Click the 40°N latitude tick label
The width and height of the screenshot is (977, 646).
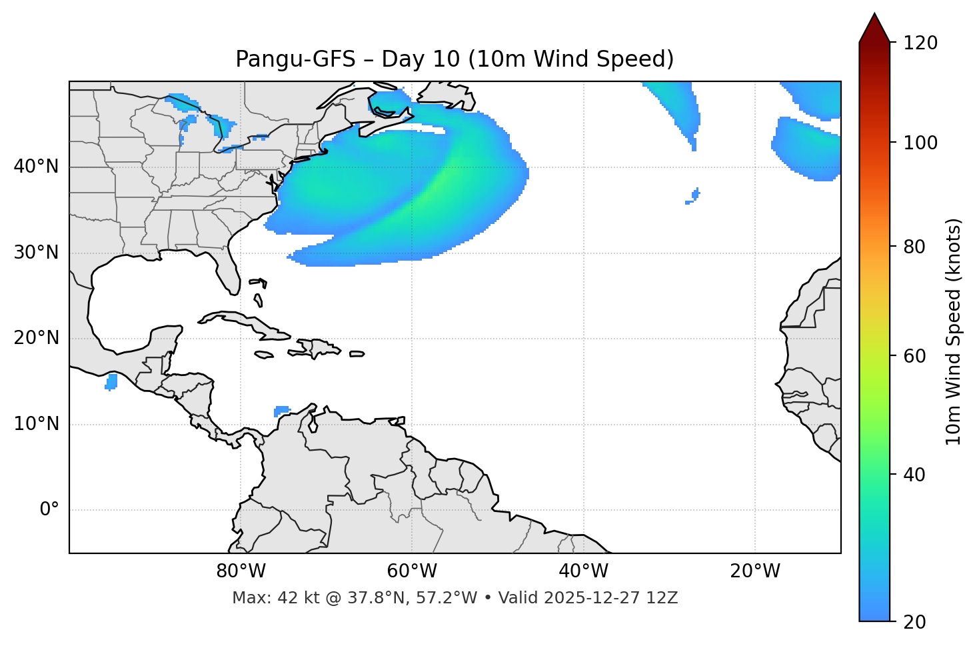coord(36,166)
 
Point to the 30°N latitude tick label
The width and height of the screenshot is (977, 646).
coord(36,253)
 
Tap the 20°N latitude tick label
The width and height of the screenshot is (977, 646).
coord(36,338)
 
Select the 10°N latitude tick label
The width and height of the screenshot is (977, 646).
coord(36,424)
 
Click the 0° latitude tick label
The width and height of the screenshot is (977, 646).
coord(49,510)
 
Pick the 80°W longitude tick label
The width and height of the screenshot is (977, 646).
coord(241,571)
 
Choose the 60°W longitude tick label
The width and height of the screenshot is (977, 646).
coord(412,571)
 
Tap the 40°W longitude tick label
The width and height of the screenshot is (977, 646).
coord(583,571)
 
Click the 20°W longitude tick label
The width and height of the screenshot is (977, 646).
coord(755,571)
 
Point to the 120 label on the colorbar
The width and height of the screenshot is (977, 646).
coord(920,43)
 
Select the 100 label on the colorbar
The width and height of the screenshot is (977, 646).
coord(920,143)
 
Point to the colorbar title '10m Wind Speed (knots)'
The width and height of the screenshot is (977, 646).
coord(954,331)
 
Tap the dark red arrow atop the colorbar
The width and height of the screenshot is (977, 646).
coord(874,28)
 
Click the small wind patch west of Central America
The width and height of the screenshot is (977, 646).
coord(111,382)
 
